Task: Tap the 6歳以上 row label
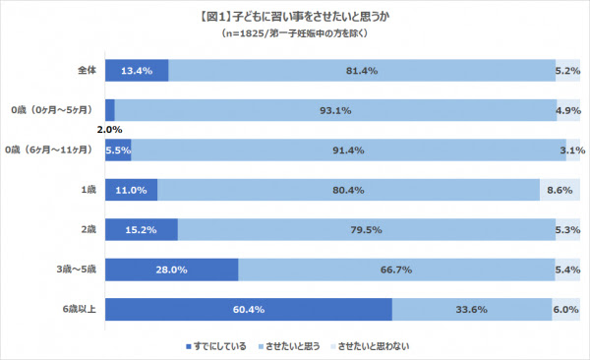(77, 308)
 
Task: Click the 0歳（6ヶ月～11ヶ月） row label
(49, 149)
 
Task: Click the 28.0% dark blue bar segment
(171, 269)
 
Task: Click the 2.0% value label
(109, 129)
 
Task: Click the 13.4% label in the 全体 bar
(136, 71)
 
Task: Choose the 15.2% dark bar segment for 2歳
(141, 229)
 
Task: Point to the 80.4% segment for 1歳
(348, 189)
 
